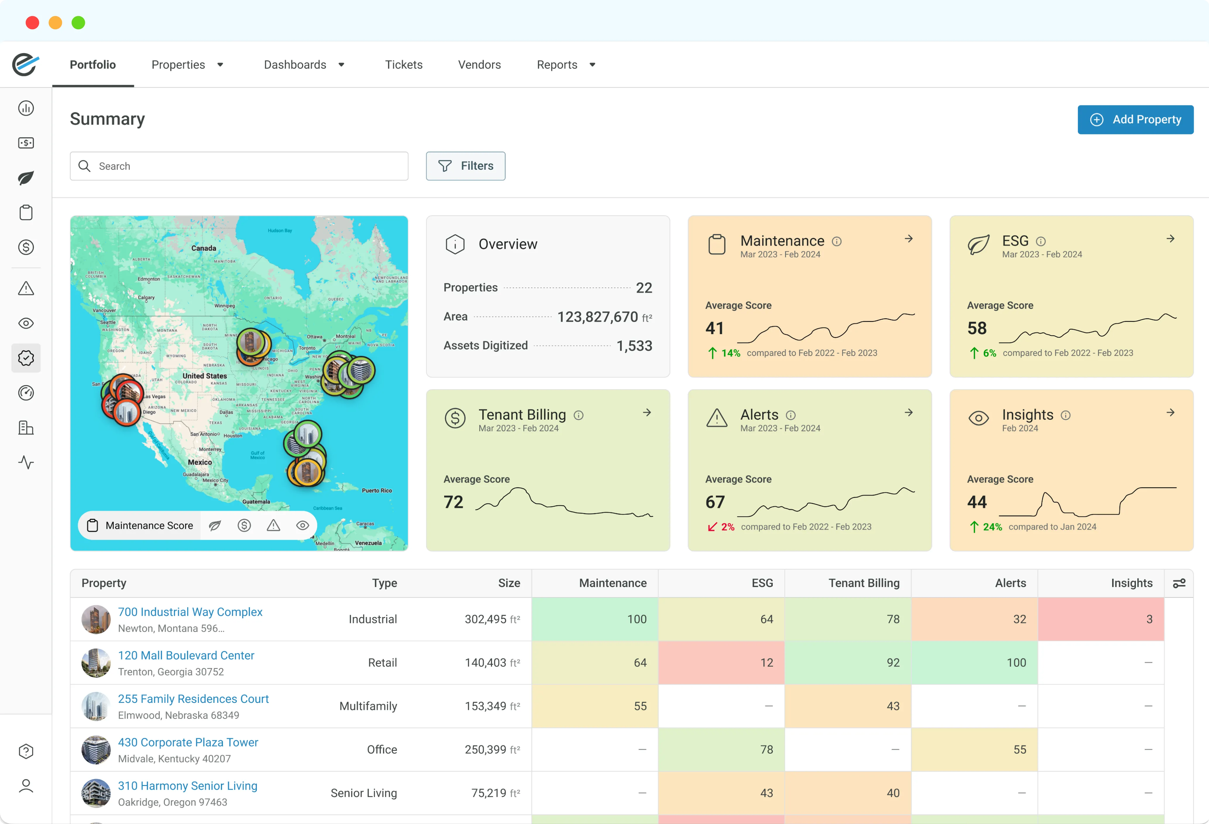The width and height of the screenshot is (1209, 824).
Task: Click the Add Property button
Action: [1135, 120]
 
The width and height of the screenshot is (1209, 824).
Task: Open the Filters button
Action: [465, 166]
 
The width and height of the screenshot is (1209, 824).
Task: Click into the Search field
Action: [239, 166]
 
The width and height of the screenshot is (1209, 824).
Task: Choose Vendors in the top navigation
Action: [479, 64]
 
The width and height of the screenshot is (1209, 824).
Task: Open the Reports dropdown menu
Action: [566, 64]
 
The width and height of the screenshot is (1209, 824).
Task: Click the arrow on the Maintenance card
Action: [908, 239]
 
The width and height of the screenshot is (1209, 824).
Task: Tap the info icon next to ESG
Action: [1040, 241]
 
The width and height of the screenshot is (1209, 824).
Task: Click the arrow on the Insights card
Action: [1170, 413]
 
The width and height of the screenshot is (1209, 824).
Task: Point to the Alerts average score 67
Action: [715, 502]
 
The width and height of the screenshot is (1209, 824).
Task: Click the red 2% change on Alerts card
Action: [721, 527]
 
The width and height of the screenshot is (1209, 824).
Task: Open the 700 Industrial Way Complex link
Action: [190, 612]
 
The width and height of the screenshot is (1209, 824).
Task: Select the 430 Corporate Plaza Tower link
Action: [188, 742]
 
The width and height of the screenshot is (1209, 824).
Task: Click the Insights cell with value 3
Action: [1101, 619]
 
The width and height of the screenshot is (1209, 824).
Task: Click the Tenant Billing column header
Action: [863, 583]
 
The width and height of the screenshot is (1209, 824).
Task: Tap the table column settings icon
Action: [1179, 583]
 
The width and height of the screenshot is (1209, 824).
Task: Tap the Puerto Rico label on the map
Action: [377, 490]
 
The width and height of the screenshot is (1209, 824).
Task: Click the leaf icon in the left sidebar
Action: [26, 178]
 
